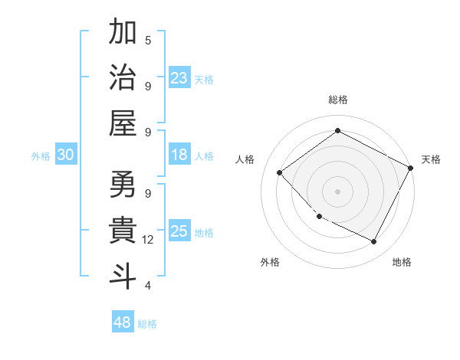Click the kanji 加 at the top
point(123,33)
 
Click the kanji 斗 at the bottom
point(123,275)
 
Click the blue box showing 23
point(179,77)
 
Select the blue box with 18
point(179,155)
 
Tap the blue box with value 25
point(179,231)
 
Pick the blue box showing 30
point(65,155)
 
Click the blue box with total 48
point(123,322)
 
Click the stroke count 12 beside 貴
point(148,240)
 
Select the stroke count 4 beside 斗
point(148,286)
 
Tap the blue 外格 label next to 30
point(41,155)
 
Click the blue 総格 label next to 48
point(147,323)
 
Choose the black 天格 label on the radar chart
point(431,159)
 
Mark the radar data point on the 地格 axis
point(374,242)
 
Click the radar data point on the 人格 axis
point(280,173)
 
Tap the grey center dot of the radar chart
point(337,191)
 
